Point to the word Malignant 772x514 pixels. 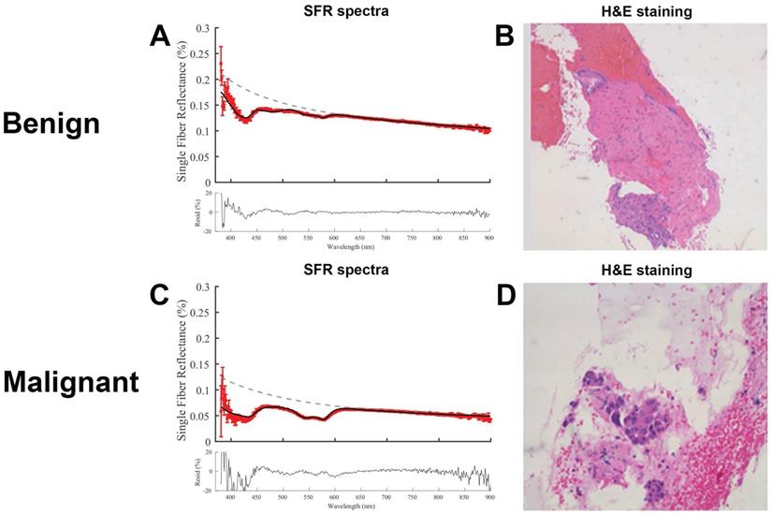[70, 383]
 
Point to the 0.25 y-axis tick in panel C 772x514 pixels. [204, 311]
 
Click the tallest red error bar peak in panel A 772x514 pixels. [221, 49]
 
